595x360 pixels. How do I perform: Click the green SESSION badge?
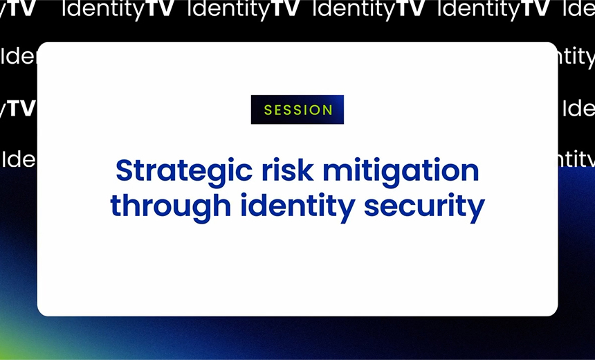(297, 109)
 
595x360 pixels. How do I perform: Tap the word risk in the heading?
(273, 170)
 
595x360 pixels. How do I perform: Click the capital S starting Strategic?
(124, 170)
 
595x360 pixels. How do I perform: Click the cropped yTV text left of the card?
(17, 108)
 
